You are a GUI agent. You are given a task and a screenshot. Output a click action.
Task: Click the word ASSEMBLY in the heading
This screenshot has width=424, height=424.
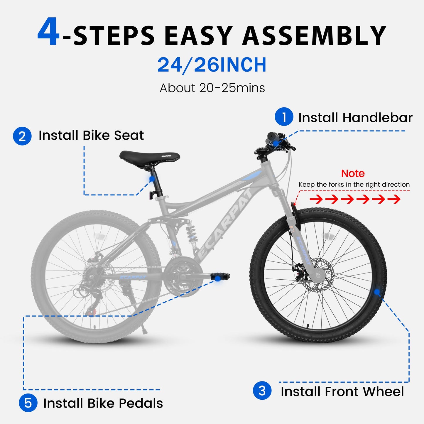click(314, 36)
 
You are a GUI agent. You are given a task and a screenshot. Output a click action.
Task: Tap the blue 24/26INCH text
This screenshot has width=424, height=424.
click(212, 65)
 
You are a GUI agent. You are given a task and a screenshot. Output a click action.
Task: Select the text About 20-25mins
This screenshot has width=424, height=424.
click(212, 88)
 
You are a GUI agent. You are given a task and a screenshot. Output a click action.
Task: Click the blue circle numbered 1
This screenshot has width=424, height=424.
click(284, 117)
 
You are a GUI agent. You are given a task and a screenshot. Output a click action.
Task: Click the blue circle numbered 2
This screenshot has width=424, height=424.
click(22, 136)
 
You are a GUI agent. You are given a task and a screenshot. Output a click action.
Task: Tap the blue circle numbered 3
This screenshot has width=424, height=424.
click(262, 391)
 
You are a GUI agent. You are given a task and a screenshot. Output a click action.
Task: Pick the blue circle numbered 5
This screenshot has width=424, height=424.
click(28, 403)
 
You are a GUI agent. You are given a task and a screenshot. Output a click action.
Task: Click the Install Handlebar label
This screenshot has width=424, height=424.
click(355, 118)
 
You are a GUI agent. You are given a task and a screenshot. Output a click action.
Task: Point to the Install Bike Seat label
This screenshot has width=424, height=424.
click(91, 136)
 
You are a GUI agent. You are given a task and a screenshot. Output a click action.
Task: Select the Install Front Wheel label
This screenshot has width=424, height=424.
click(342, 392)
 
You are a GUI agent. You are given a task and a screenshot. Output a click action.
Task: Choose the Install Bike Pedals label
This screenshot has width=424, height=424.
click(103, 403)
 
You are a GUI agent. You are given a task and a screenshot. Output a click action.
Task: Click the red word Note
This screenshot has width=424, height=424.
click(353, 173)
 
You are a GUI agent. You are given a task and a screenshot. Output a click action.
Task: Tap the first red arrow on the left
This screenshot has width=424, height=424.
click(316, 200)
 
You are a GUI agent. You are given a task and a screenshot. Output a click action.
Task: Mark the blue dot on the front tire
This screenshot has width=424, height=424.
click(377, 292)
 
